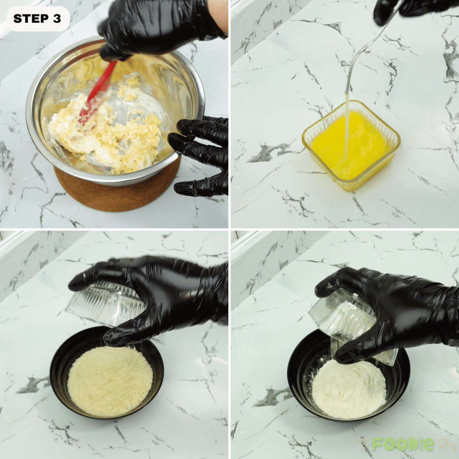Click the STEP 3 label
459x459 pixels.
(x=38, y=18)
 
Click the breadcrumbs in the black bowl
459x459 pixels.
(x=110, y=381)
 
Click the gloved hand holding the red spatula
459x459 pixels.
(x=157, y=27)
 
